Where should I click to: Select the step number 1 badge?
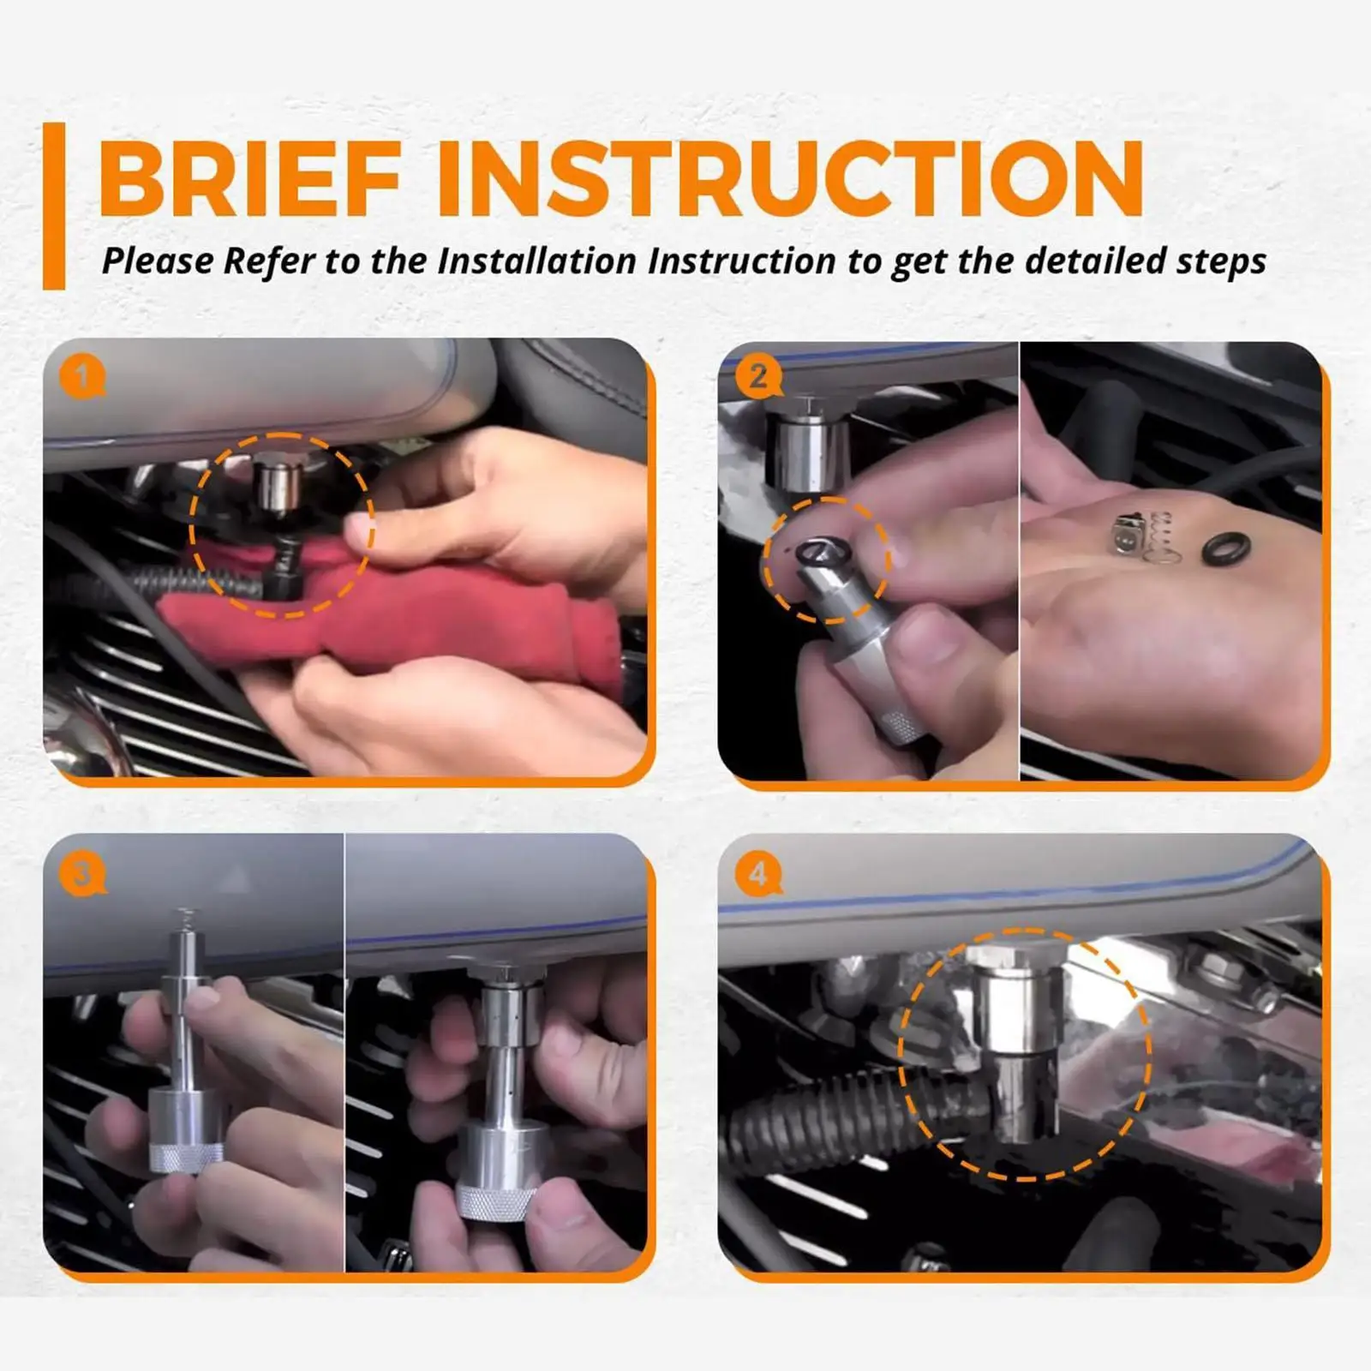[82, 376]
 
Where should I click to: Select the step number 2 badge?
[757, 376]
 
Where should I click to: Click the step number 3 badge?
[82, 875]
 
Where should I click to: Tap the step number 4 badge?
[757, 875]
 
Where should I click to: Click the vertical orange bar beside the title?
[54, 206]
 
